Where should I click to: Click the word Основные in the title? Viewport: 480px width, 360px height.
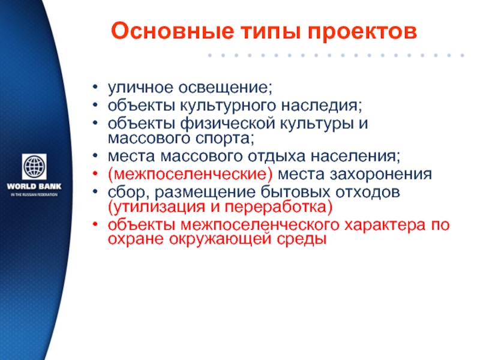click(172, 31)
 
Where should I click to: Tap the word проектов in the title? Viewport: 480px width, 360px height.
click(362, 32)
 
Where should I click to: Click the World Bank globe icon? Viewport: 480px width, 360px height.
click(34, 167)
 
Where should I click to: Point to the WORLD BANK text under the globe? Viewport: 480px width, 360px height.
click(34, 186)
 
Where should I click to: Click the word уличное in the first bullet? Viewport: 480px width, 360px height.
click(140, 88)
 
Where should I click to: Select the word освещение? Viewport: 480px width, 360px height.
click(226, 88)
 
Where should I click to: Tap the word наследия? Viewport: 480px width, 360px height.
click(322, 106)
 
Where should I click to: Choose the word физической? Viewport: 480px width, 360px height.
click(228, 124)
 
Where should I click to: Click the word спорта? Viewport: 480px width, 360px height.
click(225, 139)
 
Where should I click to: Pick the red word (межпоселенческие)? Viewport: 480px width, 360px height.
click(190, 175)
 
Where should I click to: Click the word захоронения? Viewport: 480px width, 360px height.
click(380, 175)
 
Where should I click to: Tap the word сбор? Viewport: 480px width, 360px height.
click(128, 193)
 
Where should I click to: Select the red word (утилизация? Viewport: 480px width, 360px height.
click(157, 207)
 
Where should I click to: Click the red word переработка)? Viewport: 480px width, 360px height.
click(278, 207)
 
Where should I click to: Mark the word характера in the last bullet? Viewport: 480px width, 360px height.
click(385, 225)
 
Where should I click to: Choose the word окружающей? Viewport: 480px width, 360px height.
click(220, 239)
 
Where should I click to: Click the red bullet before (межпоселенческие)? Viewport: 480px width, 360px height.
click(95, 174)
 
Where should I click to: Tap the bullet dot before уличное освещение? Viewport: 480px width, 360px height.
click(95, 87)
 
